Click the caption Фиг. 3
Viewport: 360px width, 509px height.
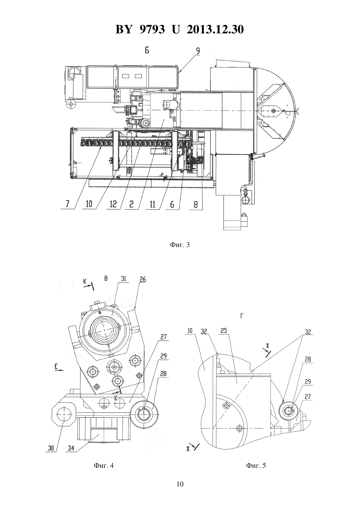coord(180,245)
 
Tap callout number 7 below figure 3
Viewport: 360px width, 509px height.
coord(67,204)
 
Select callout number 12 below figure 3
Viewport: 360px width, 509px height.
coord(113,204)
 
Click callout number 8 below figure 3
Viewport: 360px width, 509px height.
coord(195,205)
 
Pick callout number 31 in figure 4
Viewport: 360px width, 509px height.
coord(123,279)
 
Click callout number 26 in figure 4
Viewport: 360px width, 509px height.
coord(143,279)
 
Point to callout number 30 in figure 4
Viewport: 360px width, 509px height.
coord(51,448)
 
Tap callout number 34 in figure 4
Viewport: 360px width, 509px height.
coord(71,448)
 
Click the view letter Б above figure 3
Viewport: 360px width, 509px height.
coord(147,50)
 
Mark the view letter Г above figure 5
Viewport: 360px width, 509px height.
coord(242,316)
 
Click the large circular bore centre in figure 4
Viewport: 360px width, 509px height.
coord(104,330)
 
